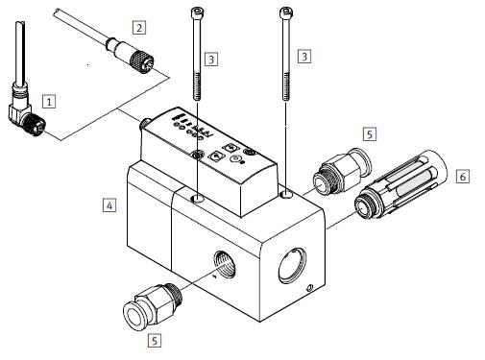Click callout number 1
click(49, 102)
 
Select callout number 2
click(139, 28)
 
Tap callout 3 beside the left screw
click(211, 60)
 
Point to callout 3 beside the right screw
click(304, 57)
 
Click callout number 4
click(109, 205)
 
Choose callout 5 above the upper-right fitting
click(370, 134)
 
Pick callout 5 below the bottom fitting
click(155, 340)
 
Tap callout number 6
click(463, 177)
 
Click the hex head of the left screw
click(197, 13)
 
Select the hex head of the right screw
click(285, 12)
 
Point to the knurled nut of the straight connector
click(141, 62)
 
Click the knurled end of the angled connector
click(35, 124)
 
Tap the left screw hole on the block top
click(197, 199)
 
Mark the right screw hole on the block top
click(286, 194)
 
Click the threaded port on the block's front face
click(224, 264)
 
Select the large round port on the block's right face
click(292, 265)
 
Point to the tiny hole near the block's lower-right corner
click(309, 288)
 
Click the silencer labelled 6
click(400, 184)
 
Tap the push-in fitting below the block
click(153, 305)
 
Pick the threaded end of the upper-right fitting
click(323, 184)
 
